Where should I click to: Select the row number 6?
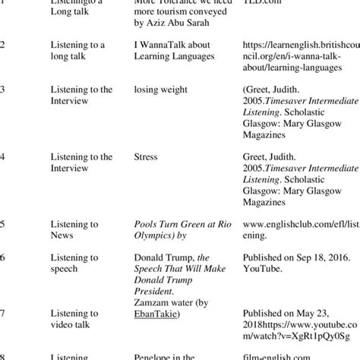click(x=3, y=257)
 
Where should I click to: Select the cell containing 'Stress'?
click(x=146, y=157)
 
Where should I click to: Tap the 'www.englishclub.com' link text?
click(x=302, y=225)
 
